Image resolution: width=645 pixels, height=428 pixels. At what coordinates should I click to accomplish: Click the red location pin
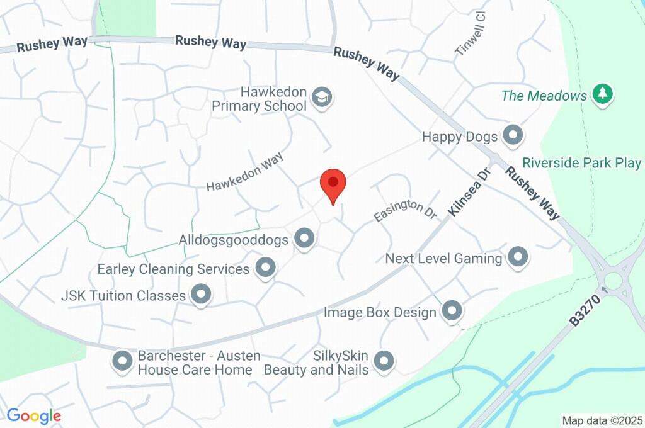coord(333,183)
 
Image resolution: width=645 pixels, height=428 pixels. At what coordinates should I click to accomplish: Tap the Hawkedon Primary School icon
coord(322,98)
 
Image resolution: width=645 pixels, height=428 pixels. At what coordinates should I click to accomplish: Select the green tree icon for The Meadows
coord(603,95)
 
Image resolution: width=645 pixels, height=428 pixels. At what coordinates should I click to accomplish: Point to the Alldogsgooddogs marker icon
coord(305,239)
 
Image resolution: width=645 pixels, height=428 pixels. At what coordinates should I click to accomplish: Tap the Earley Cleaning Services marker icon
coord(265,268)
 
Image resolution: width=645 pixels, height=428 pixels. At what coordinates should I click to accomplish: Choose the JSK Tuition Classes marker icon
coord(201,294)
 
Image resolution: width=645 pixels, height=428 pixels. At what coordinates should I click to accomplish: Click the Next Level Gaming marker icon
coord(518,257)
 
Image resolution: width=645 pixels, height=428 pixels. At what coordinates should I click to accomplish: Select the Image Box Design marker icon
coord(452,310)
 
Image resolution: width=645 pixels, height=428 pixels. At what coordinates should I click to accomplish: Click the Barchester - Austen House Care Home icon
coord(122,361)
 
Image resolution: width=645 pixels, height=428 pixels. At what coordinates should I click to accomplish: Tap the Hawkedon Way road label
coord(245,173)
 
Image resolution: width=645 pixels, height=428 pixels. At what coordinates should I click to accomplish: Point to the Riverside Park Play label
coord(581,163)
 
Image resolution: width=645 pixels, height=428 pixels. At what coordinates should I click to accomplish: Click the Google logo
coord(34,416)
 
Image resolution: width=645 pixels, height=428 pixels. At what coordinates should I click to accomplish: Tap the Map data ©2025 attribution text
coord(602,420)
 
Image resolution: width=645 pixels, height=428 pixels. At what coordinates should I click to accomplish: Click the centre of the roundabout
coord(613,279)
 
